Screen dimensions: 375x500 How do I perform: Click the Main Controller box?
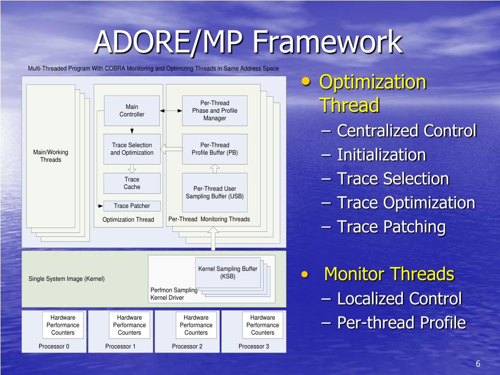pos(132,110)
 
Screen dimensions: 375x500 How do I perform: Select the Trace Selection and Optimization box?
pos(132,149)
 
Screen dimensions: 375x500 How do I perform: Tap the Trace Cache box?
pos(132,183)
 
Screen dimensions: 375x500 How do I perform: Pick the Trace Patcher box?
pos(132,206)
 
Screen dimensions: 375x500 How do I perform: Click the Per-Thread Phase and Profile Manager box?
pos(215,110)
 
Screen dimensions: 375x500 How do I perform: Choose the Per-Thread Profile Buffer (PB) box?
pos(215,149)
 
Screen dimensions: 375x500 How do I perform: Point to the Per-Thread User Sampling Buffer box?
pos(215,192)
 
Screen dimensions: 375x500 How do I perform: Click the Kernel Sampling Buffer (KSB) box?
pos(228,272)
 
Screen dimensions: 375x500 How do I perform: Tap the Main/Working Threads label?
pos(51,156)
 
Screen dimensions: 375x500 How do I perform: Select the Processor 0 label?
pos(54,346)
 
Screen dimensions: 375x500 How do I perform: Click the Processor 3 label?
pos(253,346)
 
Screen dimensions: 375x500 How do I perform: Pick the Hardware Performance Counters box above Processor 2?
pos(196,325)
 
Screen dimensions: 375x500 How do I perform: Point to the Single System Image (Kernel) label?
pos(66,279)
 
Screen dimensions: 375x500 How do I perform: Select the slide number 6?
pos(478,364)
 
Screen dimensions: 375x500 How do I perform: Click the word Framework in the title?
pos(327,42)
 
